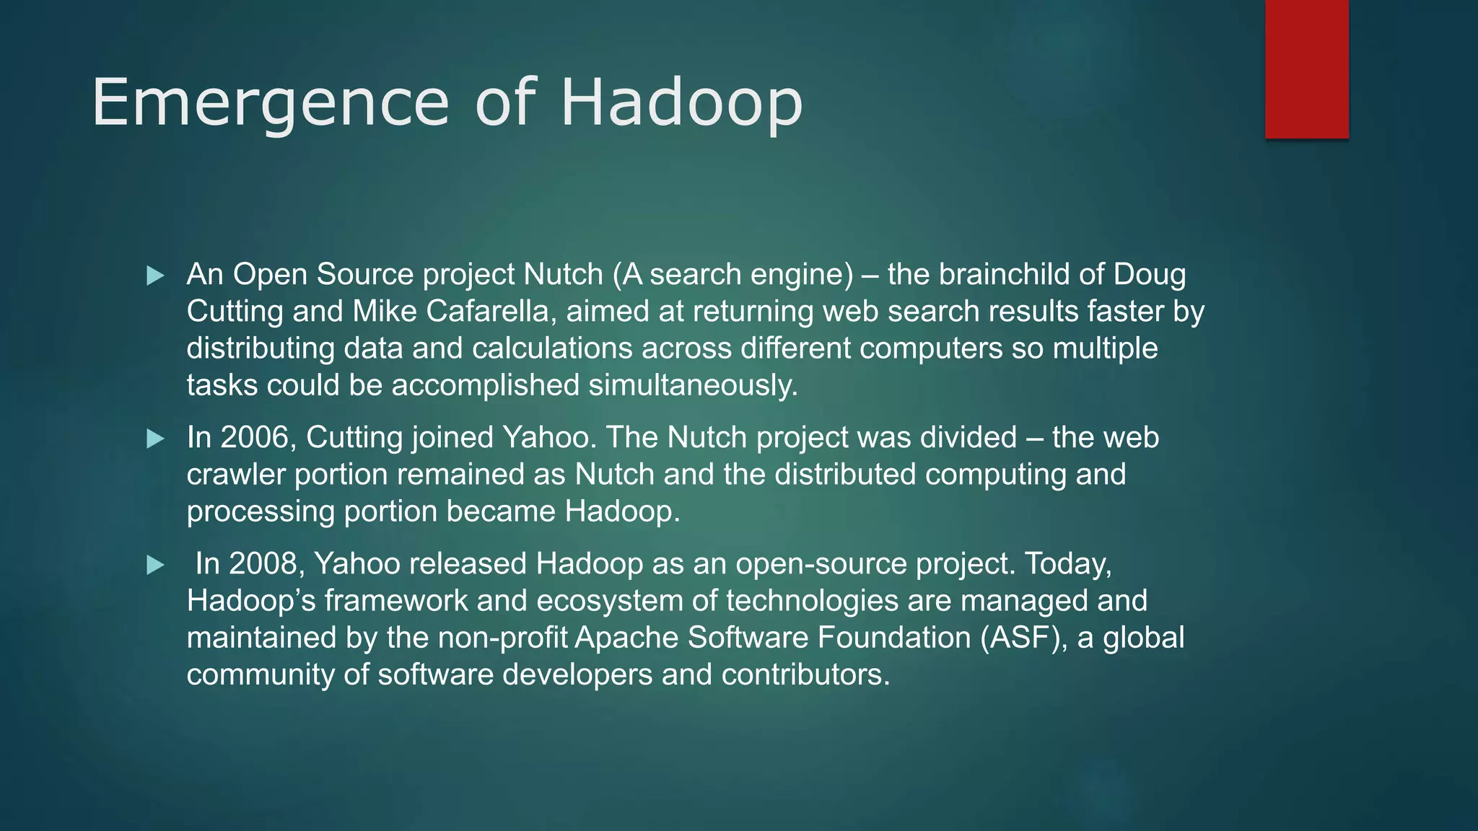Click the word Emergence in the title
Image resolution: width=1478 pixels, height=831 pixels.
coord(271,103)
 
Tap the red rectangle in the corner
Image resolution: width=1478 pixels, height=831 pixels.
coord(1306,69)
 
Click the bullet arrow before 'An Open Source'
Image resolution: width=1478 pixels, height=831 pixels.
coord(155,276)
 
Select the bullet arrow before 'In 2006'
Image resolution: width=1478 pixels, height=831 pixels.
coord(155,439)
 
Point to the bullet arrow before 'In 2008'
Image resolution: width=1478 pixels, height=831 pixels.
coord(155,565)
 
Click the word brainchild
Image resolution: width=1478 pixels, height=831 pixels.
coord(1003,275)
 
